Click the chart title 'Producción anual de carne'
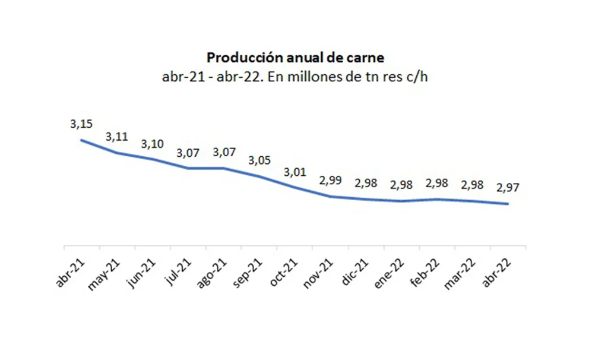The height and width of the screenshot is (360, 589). coord(295,58)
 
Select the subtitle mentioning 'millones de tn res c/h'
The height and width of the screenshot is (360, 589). coord(295,77)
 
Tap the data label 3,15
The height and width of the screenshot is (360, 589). coord(81,124)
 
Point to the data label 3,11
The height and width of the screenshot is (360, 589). coord(117,137)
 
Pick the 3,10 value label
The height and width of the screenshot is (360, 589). coord(152,144)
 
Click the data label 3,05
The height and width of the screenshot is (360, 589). coord(259,160)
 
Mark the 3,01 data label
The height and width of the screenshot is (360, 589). coord(295,172)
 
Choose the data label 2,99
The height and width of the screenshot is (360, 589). coord(331,181)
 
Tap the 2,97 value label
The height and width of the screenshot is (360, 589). coord(508,188)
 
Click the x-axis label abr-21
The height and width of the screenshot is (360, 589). coord(70,273)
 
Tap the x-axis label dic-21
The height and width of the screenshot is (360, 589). coord(355,273)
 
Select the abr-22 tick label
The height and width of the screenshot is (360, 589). coord(497,273)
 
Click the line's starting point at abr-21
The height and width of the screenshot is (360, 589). coord(81,140)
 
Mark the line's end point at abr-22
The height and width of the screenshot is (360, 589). coord(508,204)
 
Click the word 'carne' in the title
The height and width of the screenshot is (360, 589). coord(368,58)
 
